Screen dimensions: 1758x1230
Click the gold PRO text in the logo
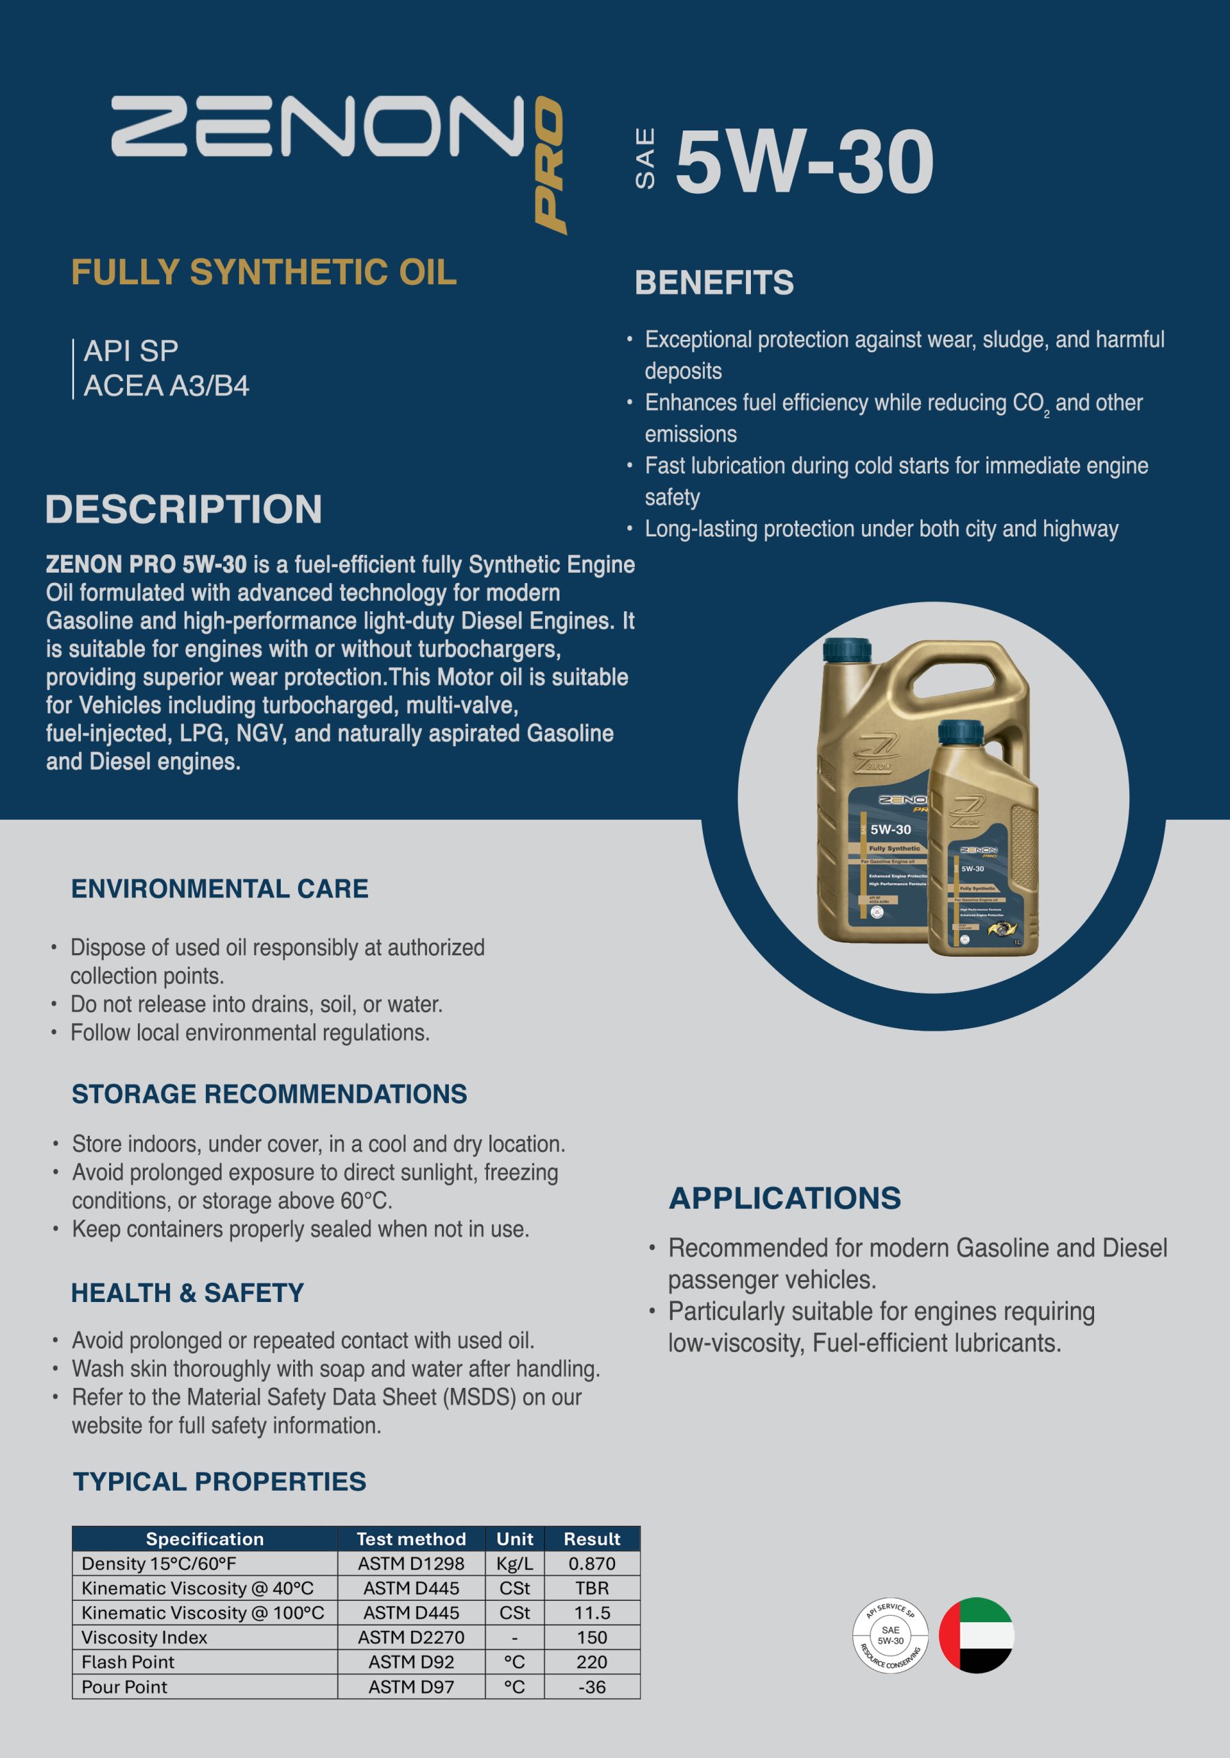[550, 165]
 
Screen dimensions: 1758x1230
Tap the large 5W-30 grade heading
[804, 161]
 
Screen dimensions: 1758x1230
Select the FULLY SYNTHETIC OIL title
[264, 273]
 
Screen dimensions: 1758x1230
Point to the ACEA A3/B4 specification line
[166, 386]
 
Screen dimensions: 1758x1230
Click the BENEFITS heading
[713, 282]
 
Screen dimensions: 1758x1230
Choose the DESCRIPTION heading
[184, 509]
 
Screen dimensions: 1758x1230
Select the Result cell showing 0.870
[592, 1563]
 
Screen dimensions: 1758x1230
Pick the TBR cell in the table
[592, 1588]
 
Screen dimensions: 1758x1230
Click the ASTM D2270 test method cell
[411, 1637]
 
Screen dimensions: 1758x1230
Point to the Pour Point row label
[125, 1686]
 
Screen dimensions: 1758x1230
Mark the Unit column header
[514, 1538]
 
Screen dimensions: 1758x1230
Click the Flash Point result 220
[592, 1662]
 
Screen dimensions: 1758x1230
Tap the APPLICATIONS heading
[785, 1198]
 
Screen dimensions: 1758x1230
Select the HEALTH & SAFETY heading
[187, 1293]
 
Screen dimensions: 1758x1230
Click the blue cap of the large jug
[846, 650]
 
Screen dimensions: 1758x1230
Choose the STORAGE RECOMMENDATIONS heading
[268, 1094]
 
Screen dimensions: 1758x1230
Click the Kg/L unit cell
[514, 1563]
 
